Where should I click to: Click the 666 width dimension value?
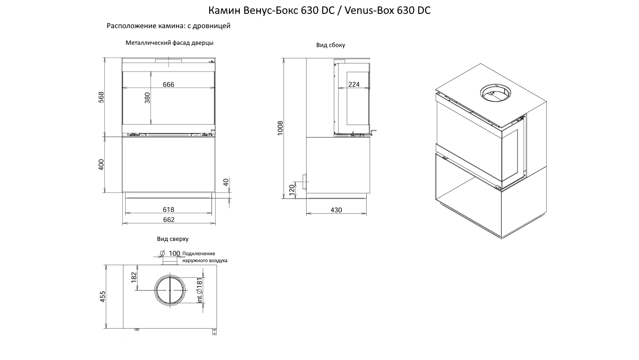169,84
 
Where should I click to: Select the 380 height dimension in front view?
147,98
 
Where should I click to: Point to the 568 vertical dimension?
101,97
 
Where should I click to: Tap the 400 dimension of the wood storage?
101,165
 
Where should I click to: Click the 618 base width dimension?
169,210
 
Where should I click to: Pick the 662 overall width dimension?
169,220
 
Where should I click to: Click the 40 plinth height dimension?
226,182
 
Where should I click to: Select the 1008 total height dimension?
280,128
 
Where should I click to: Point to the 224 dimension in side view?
354,84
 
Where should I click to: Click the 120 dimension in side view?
291,190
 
